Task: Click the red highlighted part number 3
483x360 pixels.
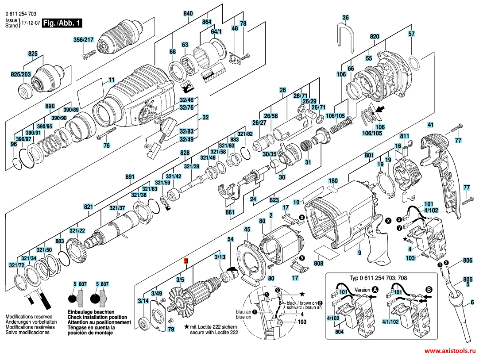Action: (x=186, y=261)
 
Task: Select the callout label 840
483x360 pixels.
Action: (x=188, y=14)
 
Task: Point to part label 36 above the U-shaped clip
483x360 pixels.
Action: (x=346, y=18)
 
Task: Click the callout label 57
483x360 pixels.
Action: (x=411, y=34)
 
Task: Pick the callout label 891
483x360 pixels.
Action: (x=129, y=177)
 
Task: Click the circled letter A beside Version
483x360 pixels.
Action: (x=375, y=289)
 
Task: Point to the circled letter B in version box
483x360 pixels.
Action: (x=428, y=289)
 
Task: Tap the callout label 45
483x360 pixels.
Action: (x=247, y=229)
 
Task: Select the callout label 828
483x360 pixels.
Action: (x=185, y=152)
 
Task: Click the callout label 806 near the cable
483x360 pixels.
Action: (x=467, y=260)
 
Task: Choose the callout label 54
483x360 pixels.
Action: (x=230, y=239)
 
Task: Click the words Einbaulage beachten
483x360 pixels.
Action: (x=87, y=313)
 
